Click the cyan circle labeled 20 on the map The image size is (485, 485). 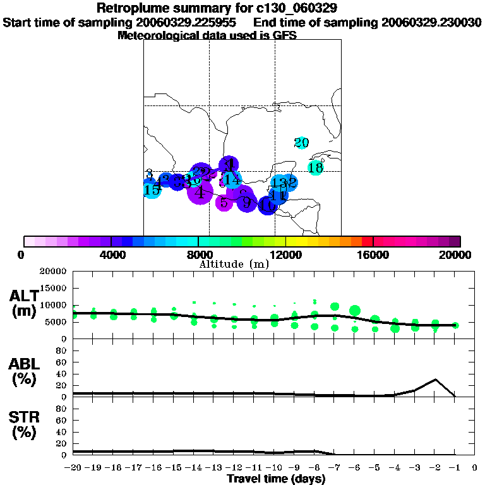302,143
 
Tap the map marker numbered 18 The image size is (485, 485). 316,167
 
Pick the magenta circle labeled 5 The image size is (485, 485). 224,203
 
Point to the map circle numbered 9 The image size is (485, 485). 246,203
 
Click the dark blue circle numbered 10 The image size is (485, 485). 267,205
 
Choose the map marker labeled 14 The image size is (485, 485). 232,179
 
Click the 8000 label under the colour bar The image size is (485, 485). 198,254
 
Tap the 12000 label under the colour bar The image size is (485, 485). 286,254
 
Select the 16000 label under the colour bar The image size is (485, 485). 373,254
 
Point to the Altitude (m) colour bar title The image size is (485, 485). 234,264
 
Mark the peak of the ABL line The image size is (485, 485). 435,380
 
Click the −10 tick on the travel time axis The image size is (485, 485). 273,468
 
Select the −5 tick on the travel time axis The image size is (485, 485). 374,468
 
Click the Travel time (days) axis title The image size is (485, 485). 276,479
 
